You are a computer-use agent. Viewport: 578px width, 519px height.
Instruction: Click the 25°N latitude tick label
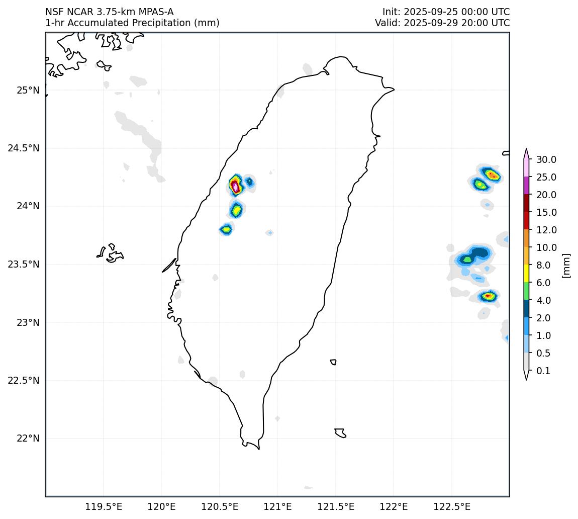tap(28, 91)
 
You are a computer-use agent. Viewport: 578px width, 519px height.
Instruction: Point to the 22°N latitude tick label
tap(28, 439)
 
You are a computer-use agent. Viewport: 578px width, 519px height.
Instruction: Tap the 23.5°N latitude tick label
tap(24, 265)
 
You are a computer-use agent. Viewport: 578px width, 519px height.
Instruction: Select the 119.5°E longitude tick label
tap(104, 506)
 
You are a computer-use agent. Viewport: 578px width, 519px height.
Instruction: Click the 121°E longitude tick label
tap(277, 506)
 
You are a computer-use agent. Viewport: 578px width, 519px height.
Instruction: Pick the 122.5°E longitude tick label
tap(451, 506)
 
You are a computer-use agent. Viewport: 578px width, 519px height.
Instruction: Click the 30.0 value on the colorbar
tap(546, 160)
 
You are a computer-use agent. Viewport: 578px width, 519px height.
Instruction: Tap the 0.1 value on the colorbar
tap(543, 371)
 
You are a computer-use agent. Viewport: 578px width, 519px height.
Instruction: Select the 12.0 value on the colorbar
tap(546, 230)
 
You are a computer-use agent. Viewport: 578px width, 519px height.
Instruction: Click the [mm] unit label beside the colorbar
tap(566, 266)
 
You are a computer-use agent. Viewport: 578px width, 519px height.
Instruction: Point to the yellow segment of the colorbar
tap(526, 273)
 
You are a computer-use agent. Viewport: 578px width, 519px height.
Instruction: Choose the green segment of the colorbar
tap(526, 291)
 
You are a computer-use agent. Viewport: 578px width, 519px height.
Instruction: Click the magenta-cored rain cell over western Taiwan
tap(235, 186)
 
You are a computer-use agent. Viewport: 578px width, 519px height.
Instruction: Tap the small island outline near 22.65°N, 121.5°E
tap(333, 362)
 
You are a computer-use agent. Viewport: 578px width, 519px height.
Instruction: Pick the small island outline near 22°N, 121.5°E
tap(340, 433)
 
